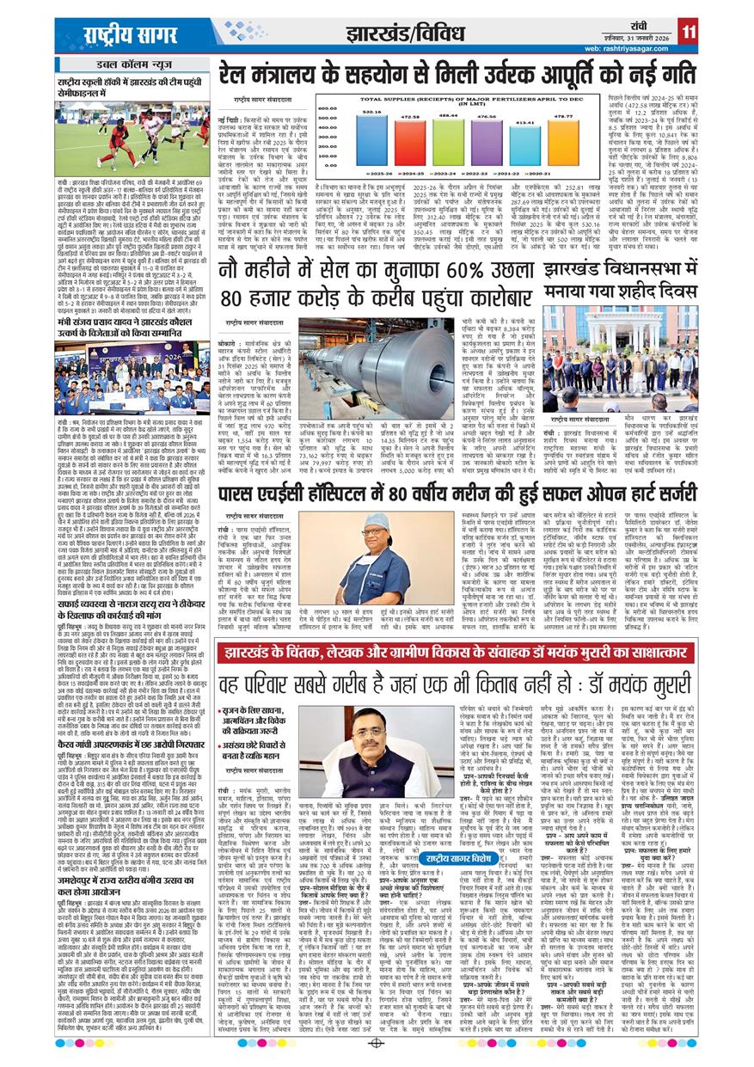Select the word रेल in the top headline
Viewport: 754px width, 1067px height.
pos(235,79)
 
